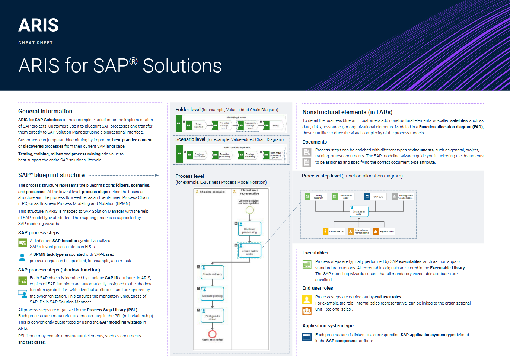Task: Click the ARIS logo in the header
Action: point(38,26)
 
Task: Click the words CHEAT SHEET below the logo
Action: point(36,43)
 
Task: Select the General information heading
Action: point(45,112)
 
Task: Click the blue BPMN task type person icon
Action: point(22,257)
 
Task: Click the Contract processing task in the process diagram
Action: point(249,229)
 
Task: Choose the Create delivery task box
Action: point(212,273)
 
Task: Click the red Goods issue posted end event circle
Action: point(212,334)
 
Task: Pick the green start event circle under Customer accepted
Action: point(249,210)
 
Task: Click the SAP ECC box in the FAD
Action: point(376,197)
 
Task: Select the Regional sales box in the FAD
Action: point(384,232)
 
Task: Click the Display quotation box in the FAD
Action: point(316,197)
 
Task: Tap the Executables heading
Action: point(315,253)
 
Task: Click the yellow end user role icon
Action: point(307,299)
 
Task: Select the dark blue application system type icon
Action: point(307,337)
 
